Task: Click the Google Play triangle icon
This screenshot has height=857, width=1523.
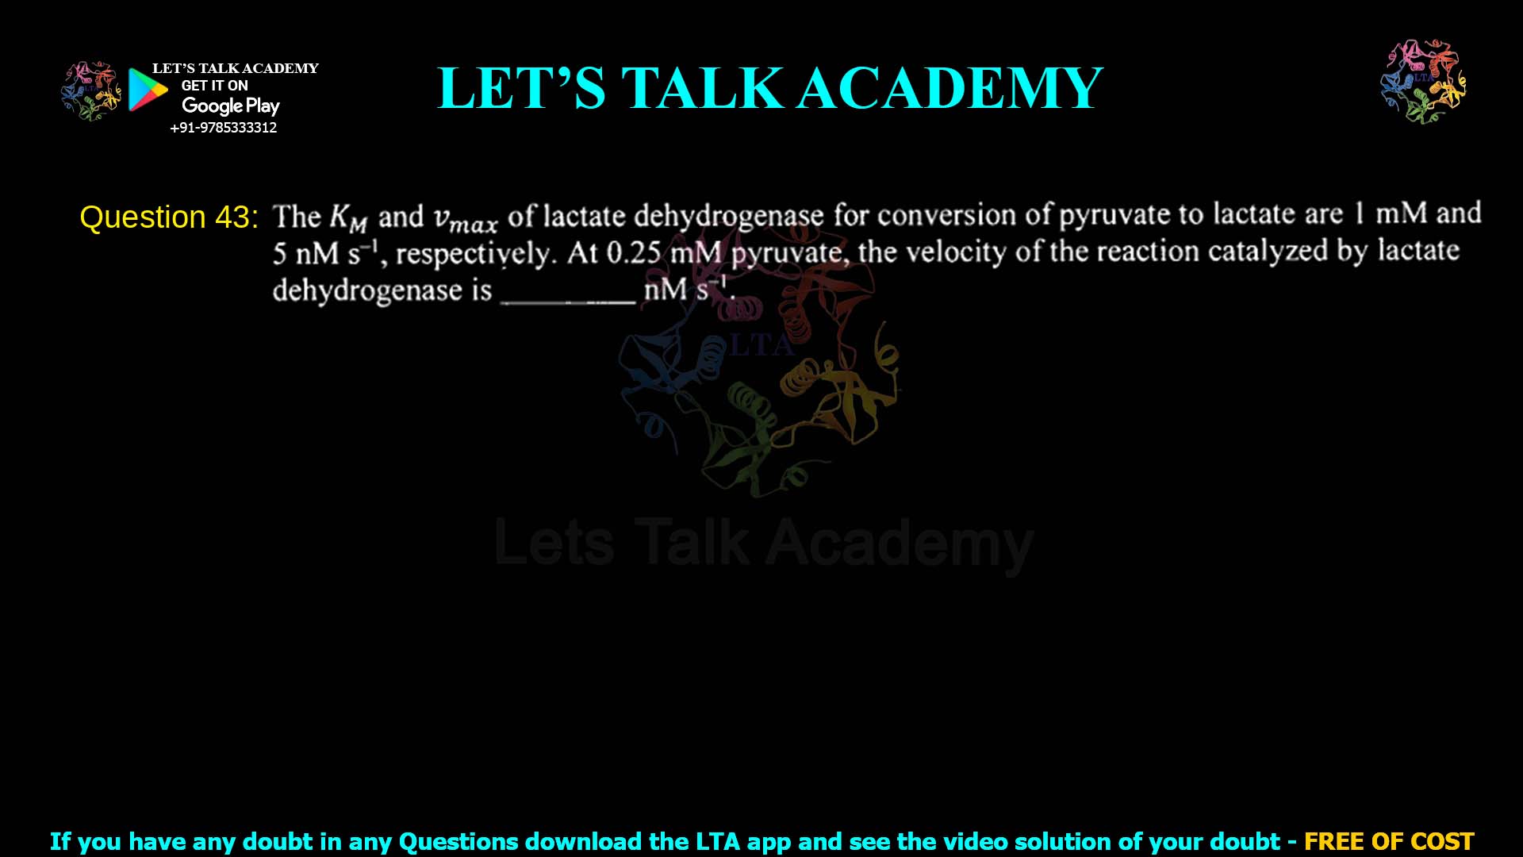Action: (148, 90)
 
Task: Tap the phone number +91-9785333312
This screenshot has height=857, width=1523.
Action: (224, 128)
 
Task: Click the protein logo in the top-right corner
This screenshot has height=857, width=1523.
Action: (1423, 81)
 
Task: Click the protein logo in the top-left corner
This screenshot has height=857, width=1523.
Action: (90, 91)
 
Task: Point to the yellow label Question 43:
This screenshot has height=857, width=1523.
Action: (169, 217)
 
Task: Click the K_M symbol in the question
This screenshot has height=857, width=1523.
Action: (348, 217)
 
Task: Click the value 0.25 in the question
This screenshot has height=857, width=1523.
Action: (633, 253)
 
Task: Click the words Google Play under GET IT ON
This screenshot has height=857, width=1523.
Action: (230, 106)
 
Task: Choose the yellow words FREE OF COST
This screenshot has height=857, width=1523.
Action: (1389, 841)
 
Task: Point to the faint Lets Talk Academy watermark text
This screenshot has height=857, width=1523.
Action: (763, 544)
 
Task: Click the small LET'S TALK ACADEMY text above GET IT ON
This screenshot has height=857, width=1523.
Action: (235, 68)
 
